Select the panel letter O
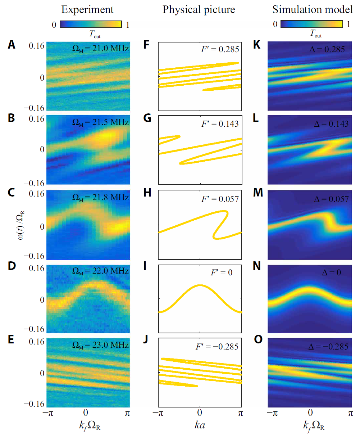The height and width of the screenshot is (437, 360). (x=258, y=340)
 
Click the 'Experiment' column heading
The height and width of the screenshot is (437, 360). (x=87, y=10)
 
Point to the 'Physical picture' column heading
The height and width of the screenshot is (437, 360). (x=199, y=10)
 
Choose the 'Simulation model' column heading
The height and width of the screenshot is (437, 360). (x=312, y=10)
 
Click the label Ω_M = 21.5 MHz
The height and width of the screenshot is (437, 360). (x=100, y=122)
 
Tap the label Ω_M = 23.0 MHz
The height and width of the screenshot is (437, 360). (x=100, y=345)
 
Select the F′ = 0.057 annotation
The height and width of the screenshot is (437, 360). (x=220, y=199)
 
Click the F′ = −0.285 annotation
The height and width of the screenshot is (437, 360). (x=217, y=347)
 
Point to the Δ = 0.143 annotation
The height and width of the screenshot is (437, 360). (x=331, y=124)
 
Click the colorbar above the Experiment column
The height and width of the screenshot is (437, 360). (x=91, y=24)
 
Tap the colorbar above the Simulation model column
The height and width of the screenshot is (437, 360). (x=311, y=24)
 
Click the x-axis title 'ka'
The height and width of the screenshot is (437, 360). (x=200, y=425)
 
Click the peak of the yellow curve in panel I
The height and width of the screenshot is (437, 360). (x=200, y=285)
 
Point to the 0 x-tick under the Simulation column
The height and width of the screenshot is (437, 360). (x=310, y=413)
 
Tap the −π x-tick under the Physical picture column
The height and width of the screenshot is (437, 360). (x=158, y=413)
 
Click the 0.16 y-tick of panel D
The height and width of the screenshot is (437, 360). (x=37, y=268)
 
